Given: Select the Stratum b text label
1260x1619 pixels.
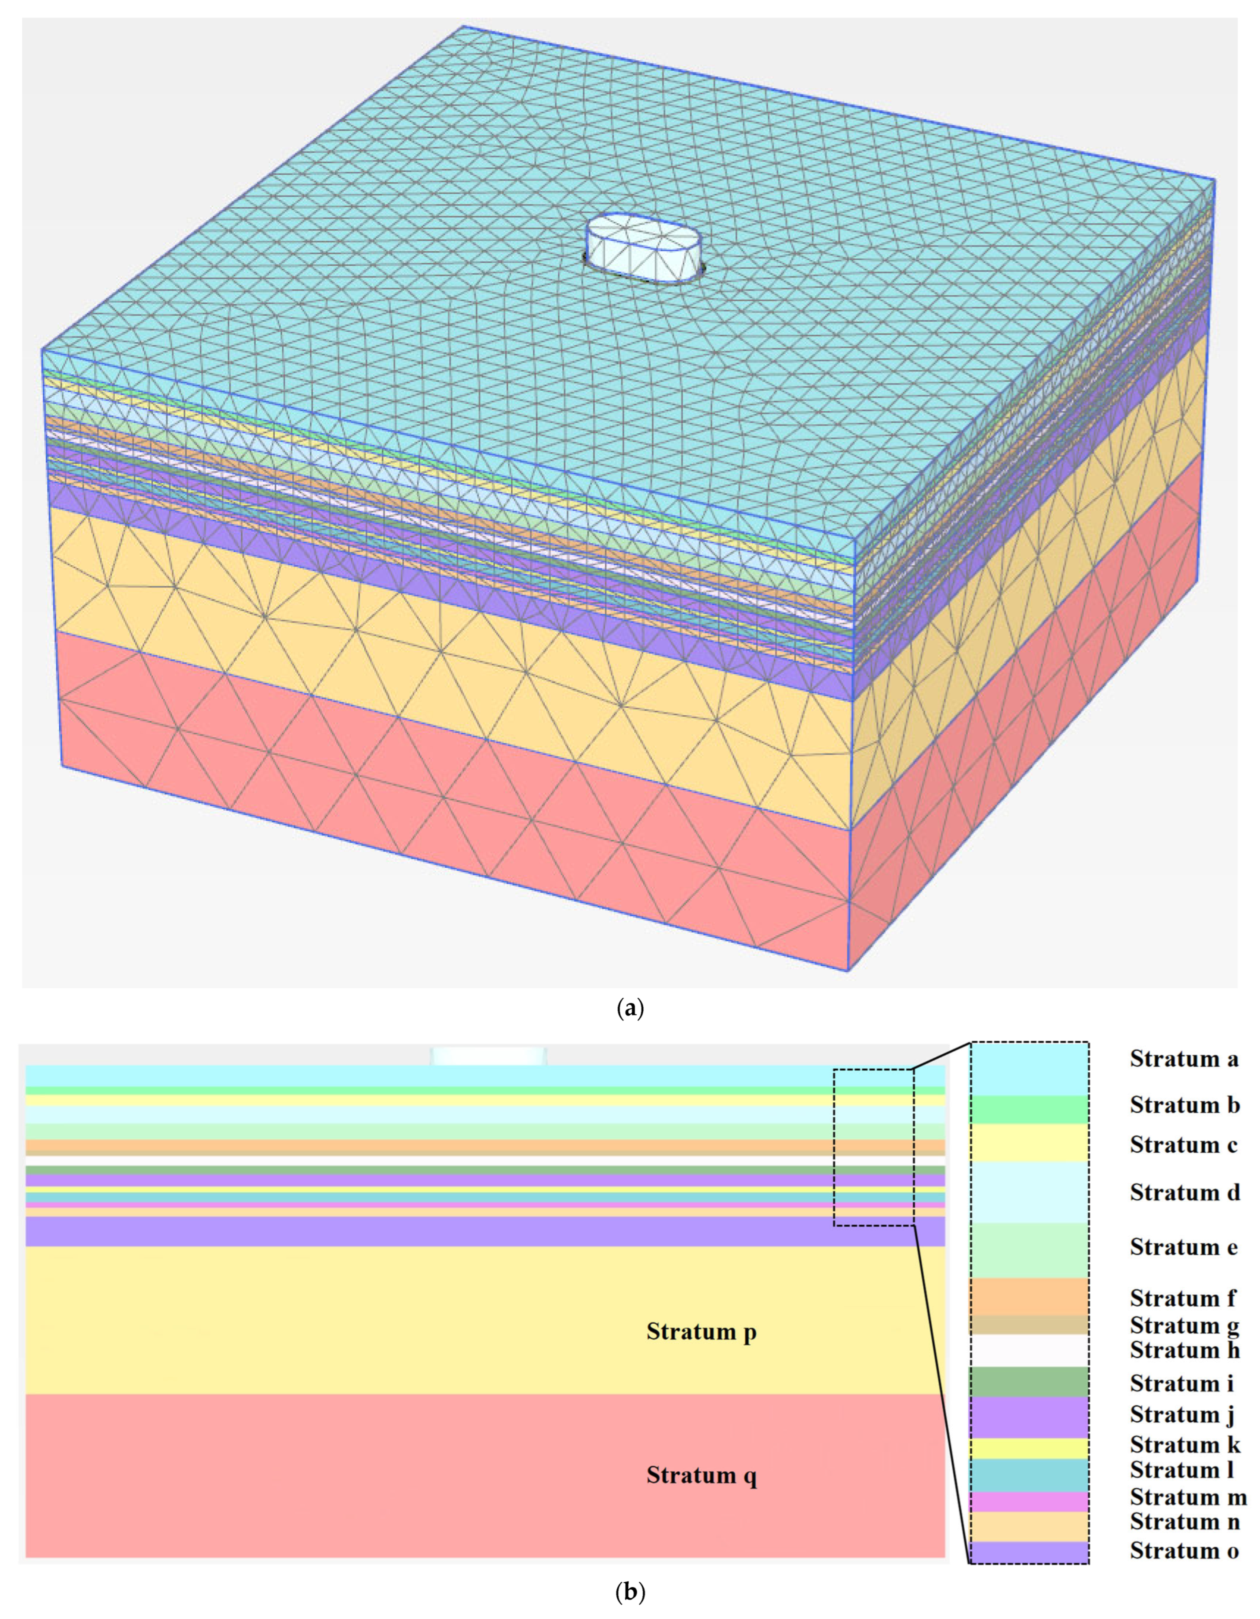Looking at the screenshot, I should tap(1184, 1105).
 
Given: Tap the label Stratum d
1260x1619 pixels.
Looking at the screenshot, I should tap(1184, 1193).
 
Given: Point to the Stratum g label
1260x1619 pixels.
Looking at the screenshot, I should tap(1184, 1325).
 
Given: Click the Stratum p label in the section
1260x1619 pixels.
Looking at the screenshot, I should tap(701, 1332).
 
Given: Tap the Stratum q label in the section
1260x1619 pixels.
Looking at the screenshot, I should tap(701, 1475).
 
